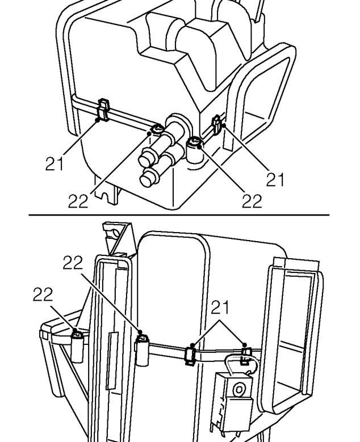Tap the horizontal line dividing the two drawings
pyautogui.click(x=179, y=215)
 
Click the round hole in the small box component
pyautogui.click(x=238, y=390)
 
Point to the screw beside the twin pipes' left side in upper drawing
pyautogui.click(x=157, y=130)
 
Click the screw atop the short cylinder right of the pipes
pyautogui.click(x=195, y=141)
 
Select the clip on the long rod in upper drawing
pyautogui.click(x=103, y=110)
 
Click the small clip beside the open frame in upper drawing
pyautogui.click(x=217, y=124)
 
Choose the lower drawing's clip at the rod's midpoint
pyautogui.click(x=190, y=355)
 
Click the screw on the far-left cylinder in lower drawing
pyautogui.click(x=77, y=334)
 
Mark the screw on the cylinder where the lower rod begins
pyautogui.click(x=143, y=338)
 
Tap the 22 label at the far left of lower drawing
pyautogui.click(x=43, y=294)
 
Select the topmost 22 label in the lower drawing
pyautogui.click(x=73, y=263)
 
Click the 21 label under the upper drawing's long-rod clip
pyautogui.click(x=55, y=163)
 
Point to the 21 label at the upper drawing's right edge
pyautogui.click(x=275, y=179)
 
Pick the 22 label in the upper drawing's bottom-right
pyautogui.click(x=252, y=201)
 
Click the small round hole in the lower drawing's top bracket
pyautogui.click(x=116, y=233)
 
